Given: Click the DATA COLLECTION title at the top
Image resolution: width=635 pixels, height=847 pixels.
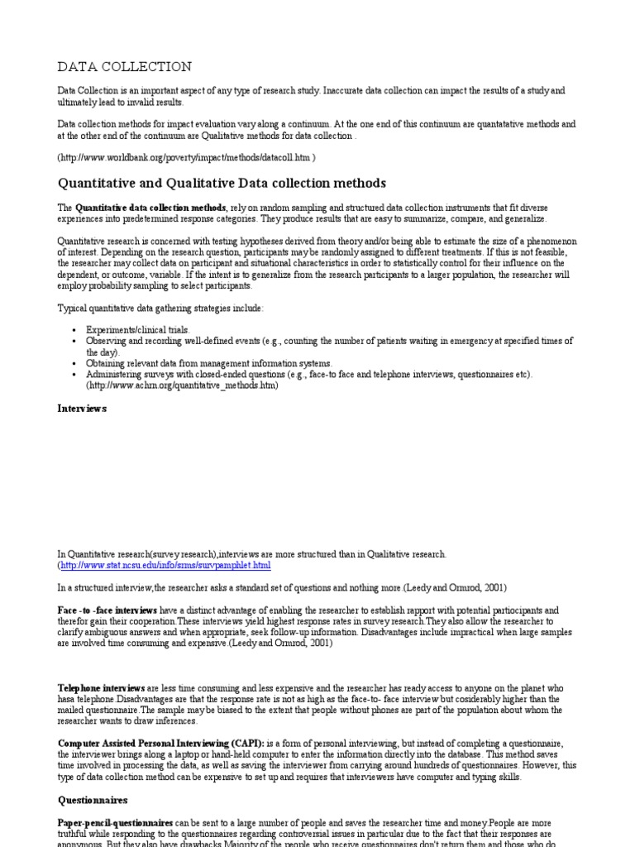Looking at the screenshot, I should click(124, 66).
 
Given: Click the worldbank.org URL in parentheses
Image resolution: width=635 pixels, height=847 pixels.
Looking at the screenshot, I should click(186, 156).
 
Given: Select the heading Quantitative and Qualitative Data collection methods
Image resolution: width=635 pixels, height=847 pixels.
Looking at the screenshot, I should click(222, 183).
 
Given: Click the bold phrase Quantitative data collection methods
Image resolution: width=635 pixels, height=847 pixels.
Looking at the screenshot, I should click(150, 207).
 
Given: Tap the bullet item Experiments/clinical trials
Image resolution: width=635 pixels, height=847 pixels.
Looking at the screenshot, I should click(138, 329).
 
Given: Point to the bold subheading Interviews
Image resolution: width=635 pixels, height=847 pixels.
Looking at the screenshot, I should click(82, 408).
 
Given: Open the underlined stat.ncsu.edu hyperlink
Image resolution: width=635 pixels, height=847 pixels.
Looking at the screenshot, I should click(165, 565).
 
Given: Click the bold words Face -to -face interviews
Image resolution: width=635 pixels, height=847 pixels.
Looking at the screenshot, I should click(107, 609).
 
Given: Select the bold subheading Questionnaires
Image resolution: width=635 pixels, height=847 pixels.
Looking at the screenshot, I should click(93, 800).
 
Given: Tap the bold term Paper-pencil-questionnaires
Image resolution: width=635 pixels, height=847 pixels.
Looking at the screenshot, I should click(115, 823).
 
